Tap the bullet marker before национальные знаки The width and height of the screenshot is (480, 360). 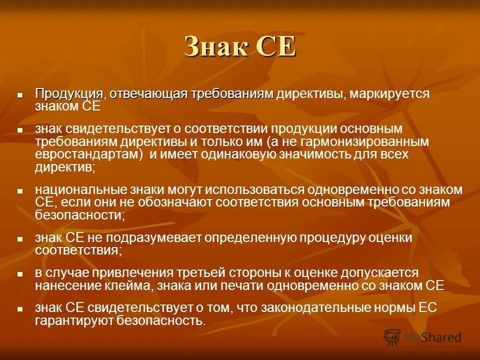(20, 191)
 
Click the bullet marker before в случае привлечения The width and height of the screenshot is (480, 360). (20, 274)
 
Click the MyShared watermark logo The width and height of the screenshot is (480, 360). (422, 337)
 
